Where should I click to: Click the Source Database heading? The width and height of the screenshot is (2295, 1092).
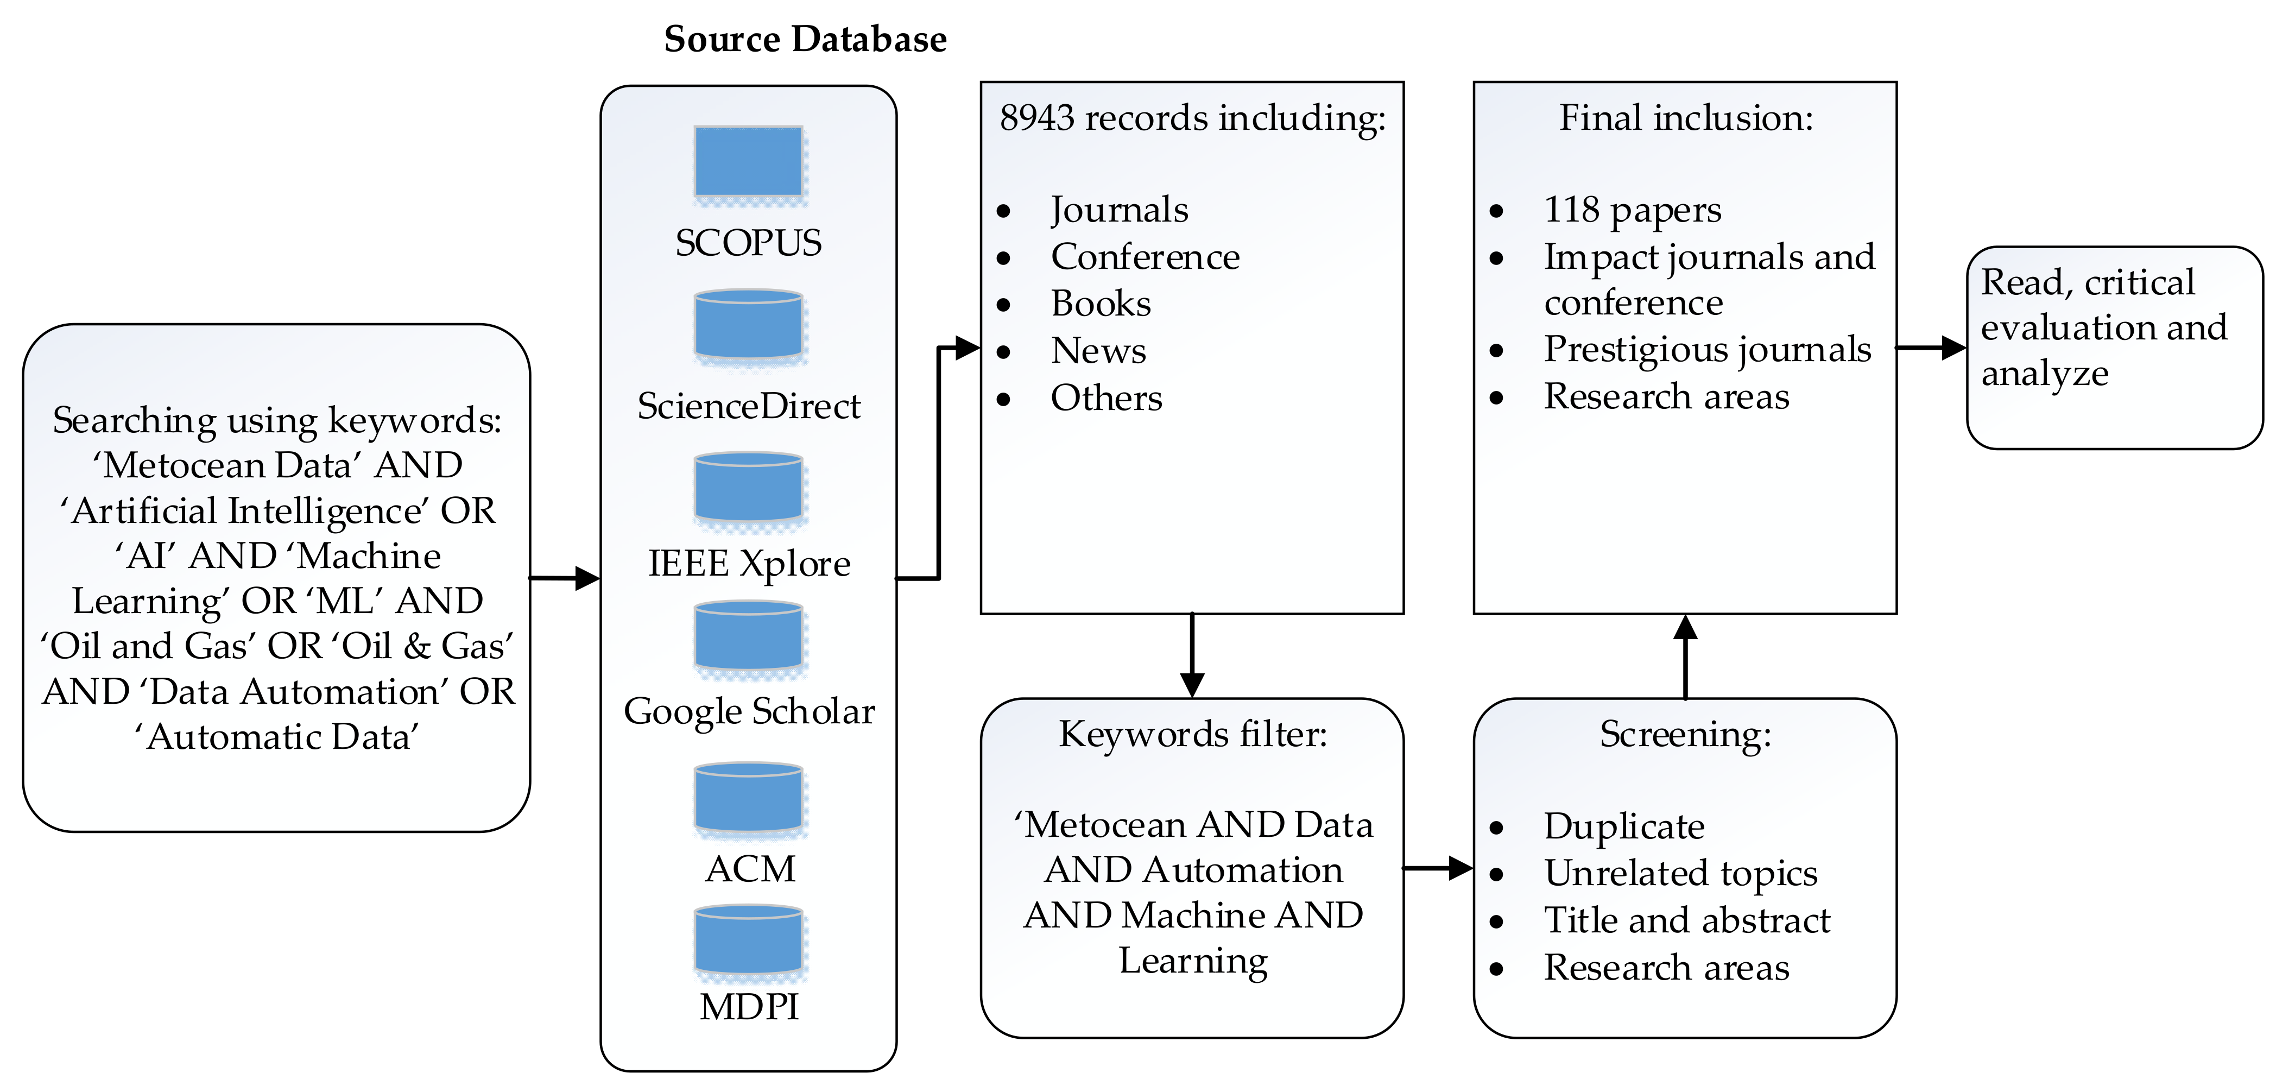(805, 39)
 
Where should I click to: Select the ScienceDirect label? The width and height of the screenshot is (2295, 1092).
(748, 406)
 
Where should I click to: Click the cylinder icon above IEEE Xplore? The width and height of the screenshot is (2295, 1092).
(748, 487)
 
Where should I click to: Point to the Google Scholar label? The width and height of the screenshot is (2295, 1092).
(748, 711)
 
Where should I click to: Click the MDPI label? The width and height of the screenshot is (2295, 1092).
(748, 1007)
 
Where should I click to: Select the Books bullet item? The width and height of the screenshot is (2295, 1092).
(1101, 304)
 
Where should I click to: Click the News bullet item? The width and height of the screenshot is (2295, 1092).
(1098, 351)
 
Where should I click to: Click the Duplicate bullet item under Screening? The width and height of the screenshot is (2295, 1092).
(1623, 826)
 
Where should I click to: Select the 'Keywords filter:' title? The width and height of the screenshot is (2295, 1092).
(1192, 734)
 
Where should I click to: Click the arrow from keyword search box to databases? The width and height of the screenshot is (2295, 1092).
(565, 578)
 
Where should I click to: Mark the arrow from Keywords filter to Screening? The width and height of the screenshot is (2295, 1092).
(1438, 868)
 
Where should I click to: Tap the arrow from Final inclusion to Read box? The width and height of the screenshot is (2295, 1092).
(1931, 348)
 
